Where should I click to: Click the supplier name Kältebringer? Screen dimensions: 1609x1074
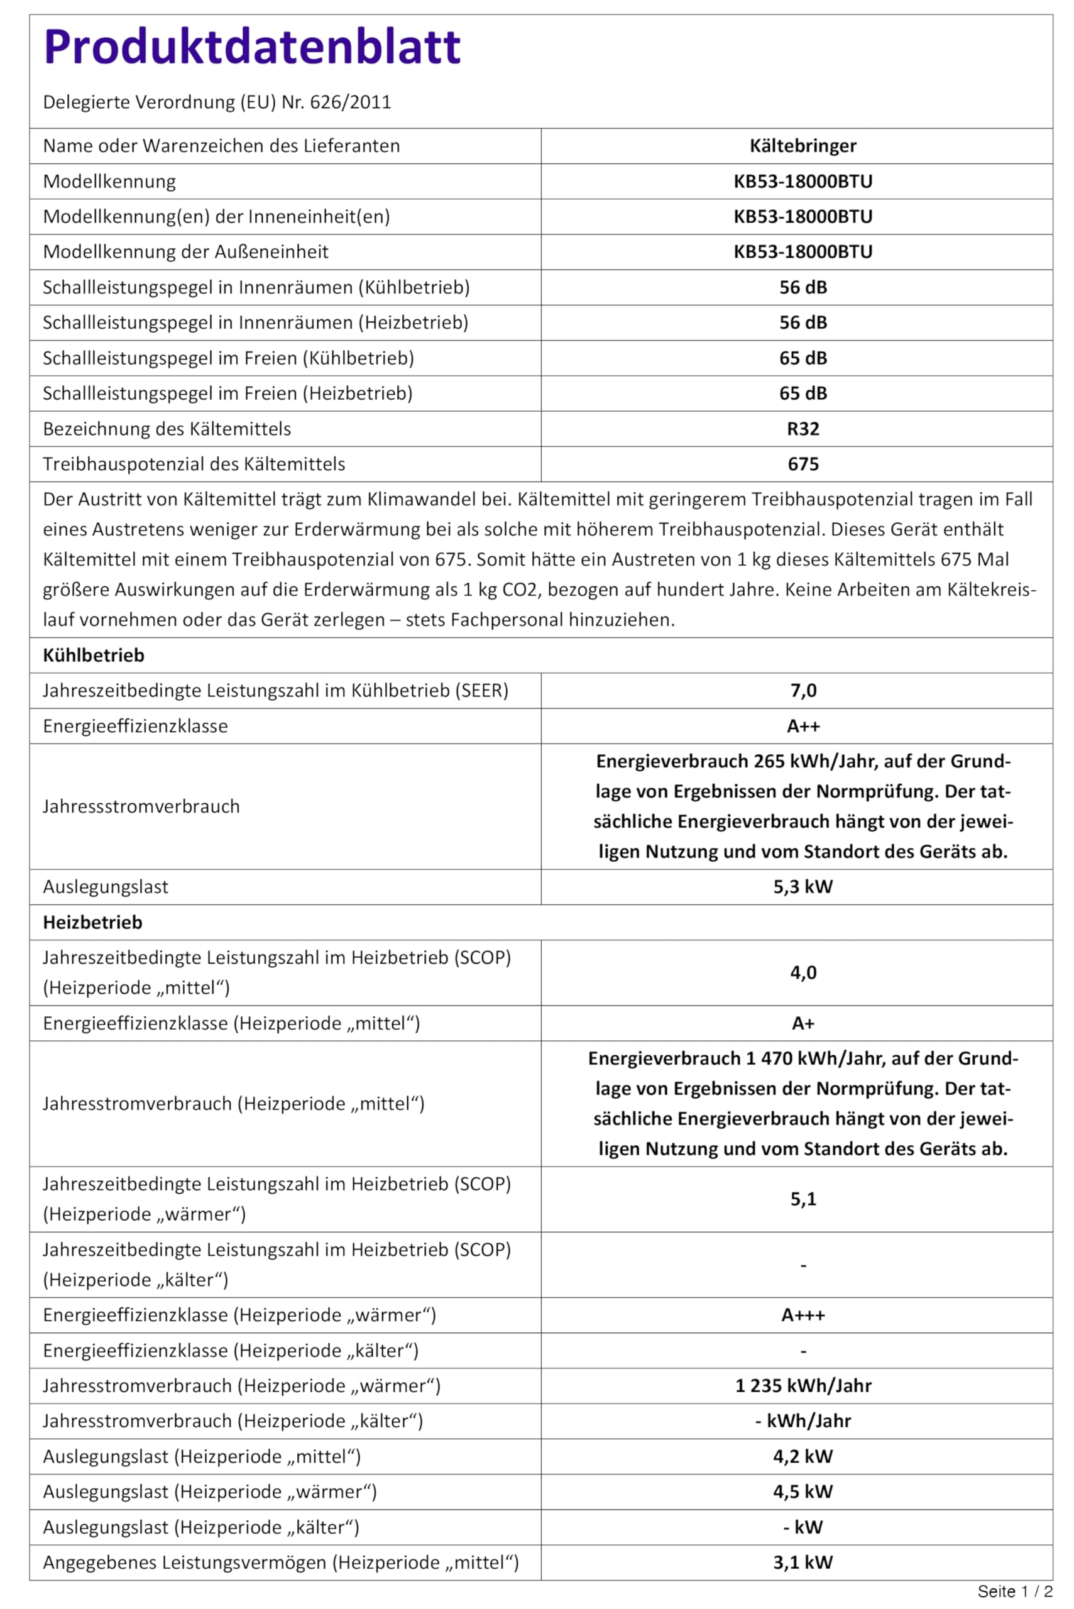pos(803,146)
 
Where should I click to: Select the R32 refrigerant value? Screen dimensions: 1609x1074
pos(803,429)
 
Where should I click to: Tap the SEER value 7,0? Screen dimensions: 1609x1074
pos(803,691)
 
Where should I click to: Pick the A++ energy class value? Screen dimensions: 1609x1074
pos(803,726)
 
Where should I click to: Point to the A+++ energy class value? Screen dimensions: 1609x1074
pos(803,1315)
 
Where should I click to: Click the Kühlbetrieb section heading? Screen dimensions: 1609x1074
pos(93,656)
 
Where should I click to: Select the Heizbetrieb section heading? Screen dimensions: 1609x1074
pos(92,923)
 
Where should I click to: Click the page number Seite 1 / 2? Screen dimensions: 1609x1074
pos(1014,1591)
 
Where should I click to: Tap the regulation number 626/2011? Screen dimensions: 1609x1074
pos(350,102)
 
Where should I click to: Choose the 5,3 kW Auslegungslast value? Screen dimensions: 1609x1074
pos(803,887)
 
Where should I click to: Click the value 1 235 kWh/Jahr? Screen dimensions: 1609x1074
pos(803,1386)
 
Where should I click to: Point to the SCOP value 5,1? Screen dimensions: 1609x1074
pos(803,1199)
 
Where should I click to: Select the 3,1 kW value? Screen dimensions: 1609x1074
pos(803,1562)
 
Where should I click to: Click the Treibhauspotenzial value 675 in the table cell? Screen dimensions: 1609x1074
pos(803,464)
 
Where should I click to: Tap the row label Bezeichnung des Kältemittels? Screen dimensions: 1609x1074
pos(167,429)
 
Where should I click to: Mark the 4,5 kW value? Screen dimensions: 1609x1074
pos(803,1492)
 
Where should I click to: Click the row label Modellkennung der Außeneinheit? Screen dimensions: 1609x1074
pos(185,252)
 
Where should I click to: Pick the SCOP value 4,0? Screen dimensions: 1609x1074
pos(803,973)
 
